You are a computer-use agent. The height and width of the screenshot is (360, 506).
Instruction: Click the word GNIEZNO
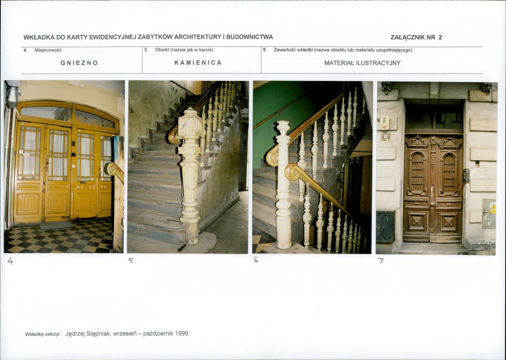coord(79,63)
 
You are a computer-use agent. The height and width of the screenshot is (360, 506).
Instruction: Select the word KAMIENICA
coord(198,63)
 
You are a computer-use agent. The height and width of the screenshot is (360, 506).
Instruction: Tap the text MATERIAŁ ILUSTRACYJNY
coord(362,63)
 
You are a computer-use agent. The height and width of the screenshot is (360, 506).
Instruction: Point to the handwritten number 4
coord(10,261)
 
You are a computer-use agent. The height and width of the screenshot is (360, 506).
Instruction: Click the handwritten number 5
coord(131,260)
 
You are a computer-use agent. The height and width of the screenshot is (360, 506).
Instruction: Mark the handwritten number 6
coord(256,259)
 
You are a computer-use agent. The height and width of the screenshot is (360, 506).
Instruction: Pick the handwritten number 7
coord(381,260)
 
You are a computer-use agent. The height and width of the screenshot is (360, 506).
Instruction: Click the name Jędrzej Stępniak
coord(88,333)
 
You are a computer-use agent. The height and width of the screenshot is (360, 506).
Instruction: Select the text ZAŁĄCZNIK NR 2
coord(416,37)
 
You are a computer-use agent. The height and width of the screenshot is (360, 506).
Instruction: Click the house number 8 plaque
coord(384,123)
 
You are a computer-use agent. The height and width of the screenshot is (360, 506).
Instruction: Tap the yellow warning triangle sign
coord(493,207)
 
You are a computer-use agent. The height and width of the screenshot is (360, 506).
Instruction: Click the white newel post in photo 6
coord(283,185)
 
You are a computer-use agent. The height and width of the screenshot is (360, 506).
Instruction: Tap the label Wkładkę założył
coord(43,334)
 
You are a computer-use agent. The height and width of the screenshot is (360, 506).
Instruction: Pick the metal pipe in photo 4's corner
coord(13,94)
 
